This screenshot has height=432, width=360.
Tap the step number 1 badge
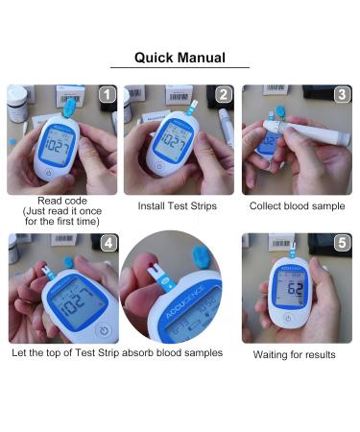pyautogui.click(x=108, y=95)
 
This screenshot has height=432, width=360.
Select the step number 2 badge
pyautogui.click(x=224, y=95)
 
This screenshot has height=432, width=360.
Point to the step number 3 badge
pyautogui.click(x=342, y=95)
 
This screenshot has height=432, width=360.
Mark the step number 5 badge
pyautogui.click(x=342, y=243)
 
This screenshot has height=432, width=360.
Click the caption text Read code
pyautogui.click(x=61, y=201)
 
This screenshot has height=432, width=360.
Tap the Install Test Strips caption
pyautogui.click(x=179, y=205)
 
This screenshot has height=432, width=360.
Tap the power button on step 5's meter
pyautogui.click(x=287, y=318)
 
